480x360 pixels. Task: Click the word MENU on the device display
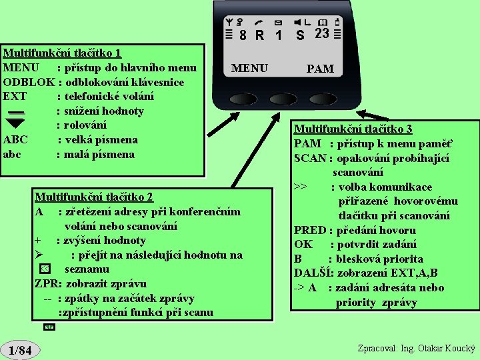click(x=249, y=68)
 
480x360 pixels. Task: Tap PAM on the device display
click(x=320, y=69)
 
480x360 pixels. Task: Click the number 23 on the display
click(x=322, y=33)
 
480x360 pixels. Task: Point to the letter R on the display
click(x=259, y=35)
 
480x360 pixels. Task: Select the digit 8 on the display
click(x=243, y=35)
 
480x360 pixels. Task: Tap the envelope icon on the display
click(x=278, y=22)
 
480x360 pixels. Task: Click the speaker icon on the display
click(x=299, y=22)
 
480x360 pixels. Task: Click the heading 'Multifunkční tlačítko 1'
click(x=62, y=53)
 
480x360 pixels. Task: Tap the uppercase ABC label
click(x=15, y=140)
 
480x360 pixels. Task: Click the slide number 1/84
click(x=21, y=350)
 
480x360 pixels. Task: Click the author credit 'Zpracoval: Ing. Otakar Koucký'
click(x=415, y=349)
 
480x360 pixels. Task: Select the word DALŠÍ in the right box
click(x=314, y=273)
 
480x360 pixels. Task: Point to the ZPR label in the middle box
click(x=46, y=283)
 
